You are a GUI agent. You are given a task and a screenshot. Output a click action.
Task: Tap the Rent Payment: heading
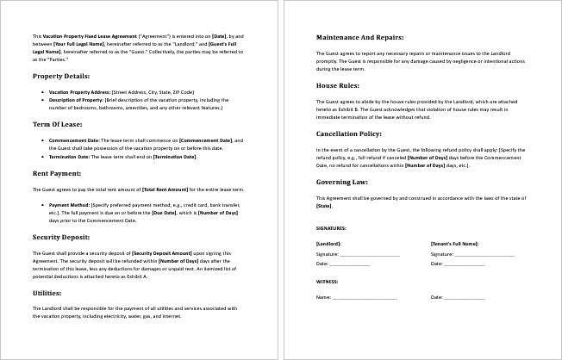pyautogui.click(x=57, y=173)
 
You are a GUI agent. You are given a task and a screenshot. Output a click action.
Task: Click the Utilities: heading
pyautogui.click(x=47, y=293)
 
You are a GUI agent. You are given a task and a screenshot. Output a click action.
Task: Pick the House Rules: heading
pyautogui.click(x=339, y=86)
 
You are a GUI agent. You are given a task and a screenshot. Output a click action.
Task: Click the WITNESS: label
pyautogui.click(x=327, y=281)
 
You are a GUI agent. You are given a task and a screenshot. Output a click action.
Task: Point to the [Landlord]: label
pyautogui.click(x=328, y=244)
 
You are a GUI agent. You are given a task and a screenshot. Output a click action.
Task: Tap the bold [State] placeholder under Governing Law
pyautogui.click(x=324, y=207)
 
